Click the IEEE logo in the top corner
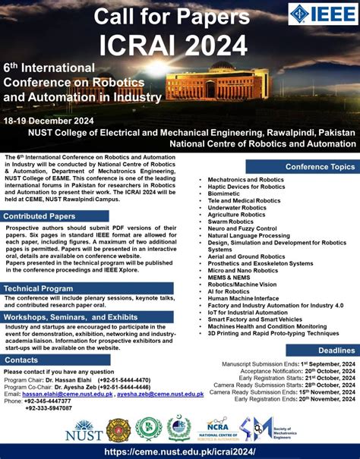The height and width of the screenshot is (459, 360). point(323,14)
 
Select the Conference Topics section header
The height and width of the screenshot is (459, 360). point(320,166)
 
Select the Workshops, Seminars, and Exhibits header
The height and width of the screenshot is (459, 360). point(70,316)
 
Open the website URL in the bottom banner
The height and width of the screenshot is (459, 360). point(180,451)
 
